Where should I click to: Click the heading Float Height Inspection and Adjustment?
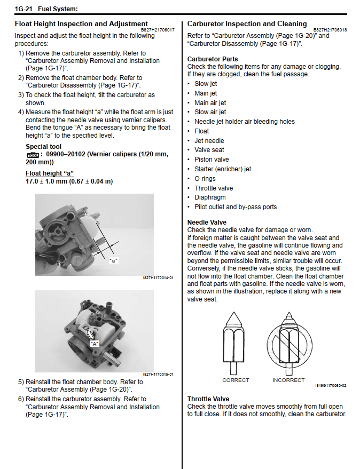click(x=81, y=23)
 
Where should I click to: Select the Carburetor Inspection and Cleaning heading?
click(x=247, y=23)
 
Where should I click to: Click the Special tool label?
click(x=43, y=146)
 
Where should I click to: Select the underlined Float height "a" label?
click(x=49, y=173)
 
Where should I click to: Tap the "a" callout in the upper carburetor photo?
click(x=113, y=260)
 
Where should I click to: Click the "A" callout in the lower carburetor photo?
click(x=95, y=344)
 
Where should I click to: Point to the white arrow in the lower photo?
click(x=91, y=335)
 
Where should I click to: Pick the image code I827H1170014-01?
click(x=158, y=278)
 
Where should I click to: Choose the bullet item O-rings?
click(x=205, y=178)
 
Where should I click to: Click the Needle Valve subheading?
click(x=207, y=222)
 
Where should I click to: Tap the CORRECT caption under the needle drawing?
click(x=236, y=380)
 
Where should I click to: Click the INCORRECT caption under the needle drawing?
click(x=288, y=380)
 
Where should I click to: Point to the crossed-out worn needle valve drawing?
click(x=288, y=342)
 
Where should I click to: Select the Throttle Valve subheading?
click(x=208, y=399)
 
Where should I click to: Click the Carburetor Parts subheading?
click(x=213, y=59)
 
